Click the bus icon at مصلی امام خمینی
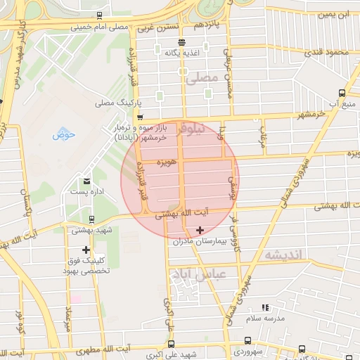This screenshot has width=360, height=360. pos(99,15)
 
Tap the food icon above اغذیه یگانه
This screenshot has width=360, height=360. pos(182,41)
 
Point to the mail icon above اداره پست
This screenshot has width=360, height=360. pos(86,181)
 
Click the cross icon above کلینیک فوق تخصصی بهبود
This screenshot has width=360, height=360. pos(86,250)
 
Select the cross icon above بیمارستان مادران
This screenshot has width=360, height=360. pos(200,230)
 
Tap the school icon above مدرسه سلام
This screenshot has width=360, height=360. pos(265,307)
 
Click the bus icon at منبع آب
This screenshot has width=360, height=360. pos(342,93)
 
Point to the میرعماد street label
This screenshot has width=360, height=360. pos(68,317)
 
